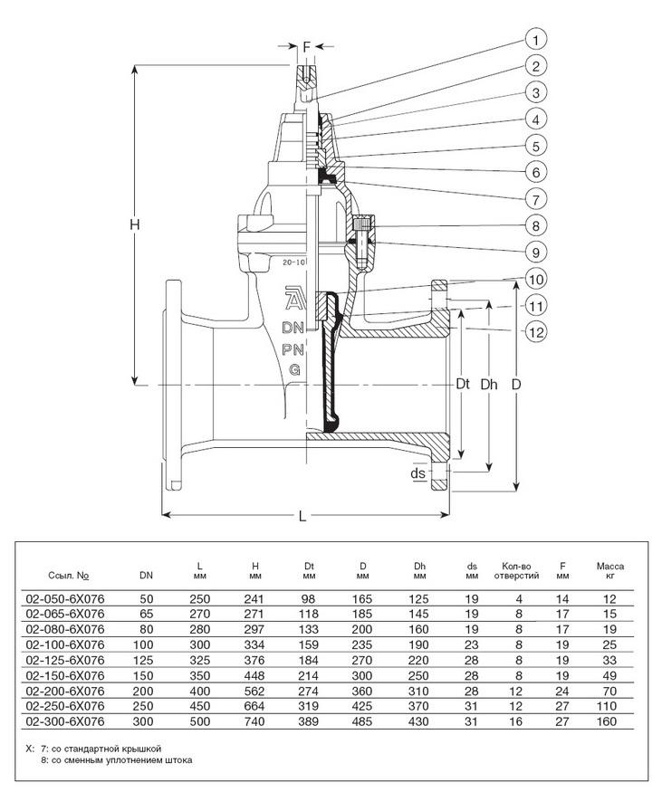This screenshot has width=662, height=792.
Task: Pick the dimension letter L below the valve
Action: (x=303, y=516)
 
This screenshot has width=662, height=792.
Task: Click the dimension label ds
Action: (x=418, y=473)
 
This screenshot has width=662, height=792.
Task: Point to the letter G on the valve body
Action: (x=294, y=369)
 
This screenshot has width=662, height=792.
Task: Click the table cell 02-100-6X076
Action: (x=65, y=644)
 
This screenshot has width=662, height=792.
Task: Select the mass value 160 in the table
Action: (x=607, y=721)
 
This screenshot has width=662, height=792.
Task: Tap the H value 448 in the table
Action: (x=254, y=675)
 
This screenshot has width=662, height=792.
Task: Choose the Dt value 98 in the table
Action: (x=310, y=597)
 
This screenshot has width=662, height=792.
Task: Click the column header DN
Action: (x=146, y=574)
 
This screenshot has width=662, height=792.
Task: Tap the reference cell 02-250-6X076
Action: (x=65, y=706)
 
